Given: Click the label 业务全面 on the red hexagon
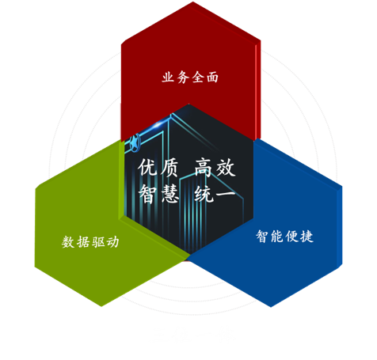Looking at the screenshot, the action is tap(190, 78).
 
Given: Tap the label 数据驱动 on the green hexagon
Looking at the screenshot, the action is tap(90, 241).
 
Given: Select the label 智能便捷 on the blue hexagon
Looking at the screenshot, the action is tap(284, 236).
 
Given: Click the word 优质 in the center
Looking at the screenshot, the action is tap(158, 167).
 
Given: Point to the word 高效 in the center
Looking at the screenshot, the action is tap(215, 167).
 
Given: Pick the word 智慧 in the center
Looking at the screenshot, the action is tap(158, 194).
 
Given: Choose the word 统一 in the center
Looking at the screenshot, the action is tap(215, 194).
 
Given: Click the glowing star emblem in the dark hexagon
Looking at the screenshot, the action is tap(135, 142).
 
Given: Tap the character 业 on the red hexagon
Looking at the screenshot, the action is tap(169, 78).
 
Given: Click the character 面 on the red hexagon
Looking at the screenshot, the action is tap(212, 78).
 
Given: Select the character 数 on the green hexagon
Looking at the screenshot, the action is tap(68, 242).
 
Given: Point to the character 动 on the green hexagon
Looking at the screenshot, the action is tap(112, 242).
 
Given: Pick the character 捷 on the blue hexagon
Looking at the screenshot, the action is tap(307, 236).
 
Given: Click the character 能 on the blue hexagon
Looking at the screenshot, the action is tap(277, 236).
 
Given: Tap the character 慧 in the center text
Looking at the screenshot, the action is tap(169, 194).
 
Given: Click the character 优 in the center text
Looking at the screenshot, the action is tap(147, 167).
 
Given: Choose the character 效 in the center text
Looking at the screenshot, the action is tap(226, 167).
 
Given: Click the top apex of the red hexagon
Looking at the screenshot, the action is tap(192, 2).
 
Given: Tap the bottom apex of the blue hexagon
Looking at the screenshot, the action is tap(270, 307).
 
